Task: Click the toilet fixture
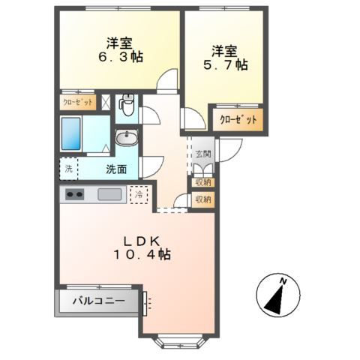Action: point(127,105)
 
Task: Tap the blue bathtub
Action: point(70,133)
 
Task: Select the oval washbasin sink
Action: point(127,138)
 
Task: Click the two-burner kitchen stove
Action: point(74,194)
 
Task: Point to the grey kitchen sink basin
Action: point(109,194)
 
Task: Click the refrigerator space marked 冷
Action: point(139,194)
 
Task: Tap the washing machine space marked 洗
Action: point(69,169)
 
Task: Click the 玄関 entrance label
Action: point(203,154)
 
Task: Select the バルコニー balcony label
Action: point(99,301)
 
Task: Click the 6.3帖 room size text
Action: point(121,56)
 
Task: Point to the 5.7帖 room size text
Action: point(226,64)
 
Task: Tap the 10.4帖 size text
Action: point(142,254)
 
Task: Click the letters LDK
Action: point(142,241)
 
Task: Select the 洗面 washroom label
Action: point(116,169)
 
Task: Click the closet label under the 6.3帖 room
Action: point(78,102)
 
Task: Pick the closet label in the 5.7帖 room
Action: point(238,120)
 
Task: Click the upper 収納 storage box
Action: point(203,182)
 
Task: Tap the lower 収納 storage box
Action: point(203,199)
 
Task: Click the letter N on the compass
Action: point(283,281)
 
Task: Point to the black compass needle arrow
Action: point(274,298)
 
